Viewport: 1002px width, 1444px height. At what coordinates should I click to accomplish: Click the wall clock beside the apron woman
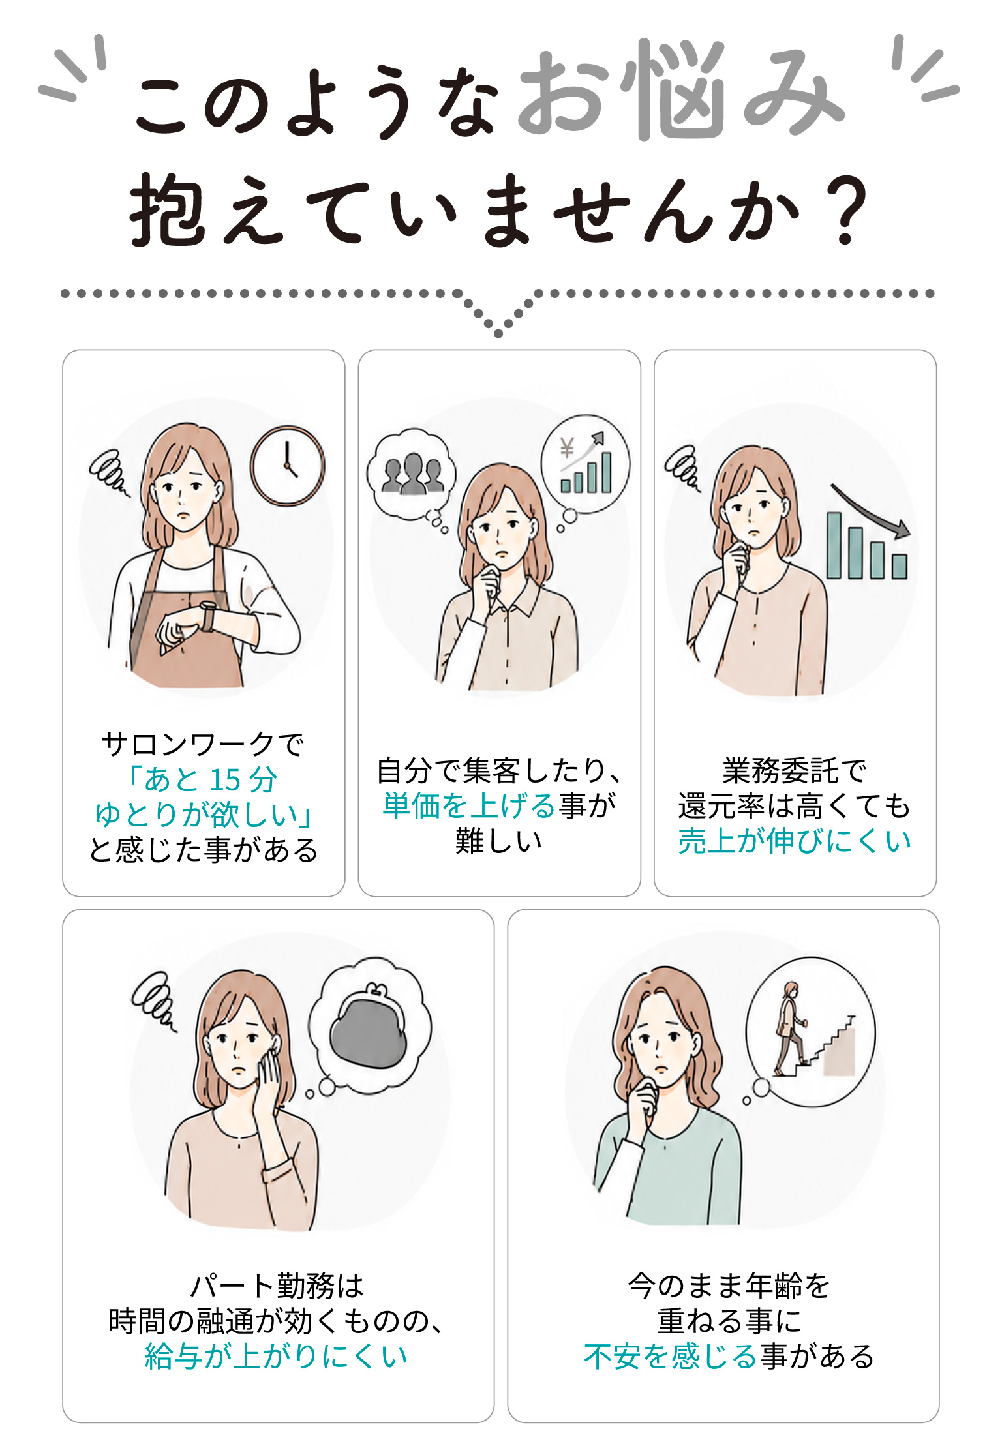[287, 466]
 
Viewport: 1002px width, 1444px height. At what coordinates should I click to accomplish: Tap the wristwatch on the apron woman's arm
[207, 616]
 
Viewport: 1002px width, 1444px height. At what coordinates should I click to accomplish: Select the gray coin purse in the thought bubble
[368, 1025]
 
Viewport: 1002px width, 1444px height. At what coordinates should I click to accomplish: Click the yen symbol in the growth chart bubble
[566, 449]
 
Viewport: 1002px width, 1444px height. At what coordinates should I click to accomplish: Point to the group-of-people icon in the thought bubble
[412, 474]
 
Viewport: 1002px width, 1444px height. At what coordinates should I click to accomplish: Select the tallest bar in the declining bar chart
[834, 545]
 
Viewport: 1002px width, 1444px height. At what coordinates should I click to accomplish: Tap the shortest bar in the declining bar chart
[900, 566]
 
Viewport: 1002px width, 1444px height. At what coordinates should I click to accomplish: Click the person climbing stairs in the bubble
[790, 1029]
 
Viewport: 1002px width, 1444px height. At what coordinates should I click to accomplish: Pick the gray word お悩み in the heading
[680, 91]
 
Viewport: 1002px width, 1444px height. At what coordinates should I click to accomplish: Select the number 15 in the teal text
[225, 780]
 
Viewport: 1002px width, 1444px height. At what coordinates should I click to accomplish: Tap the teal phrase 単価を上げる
[468, 805]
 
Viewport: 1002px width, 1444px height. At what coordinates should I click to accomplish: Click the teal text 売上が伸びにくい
[795, 840]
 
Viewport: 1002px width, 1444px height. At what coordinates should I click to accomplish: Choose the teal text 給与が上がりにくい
[276, 1355]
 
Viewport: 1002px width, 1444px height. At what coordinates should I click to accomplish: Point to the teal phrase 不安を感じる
[670, 1355]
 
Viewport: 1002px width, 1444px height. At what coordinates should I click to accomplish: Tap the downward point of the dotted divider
[498, 334]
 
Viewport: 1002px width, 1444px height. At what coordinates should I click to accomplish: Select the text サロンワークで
[203, 744]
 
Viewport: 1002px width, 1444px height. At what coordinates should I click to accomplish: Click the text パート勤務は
[277, 1286]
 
